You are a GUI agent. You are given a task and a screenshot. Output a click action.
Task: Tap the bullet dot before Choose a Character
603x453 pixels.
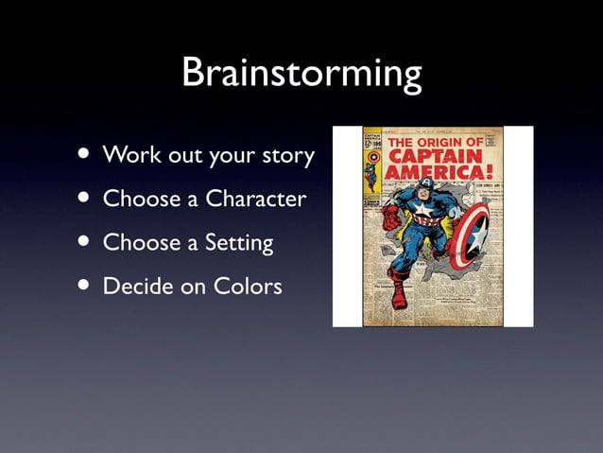coord(86,199)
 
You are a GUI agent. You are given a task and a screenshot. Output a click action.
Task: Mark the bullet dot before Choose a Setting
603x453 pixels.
coord(86,242)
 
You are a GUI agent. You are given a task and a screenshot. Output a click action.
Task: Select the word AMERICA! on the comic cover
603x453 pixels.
coord(442,173)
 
